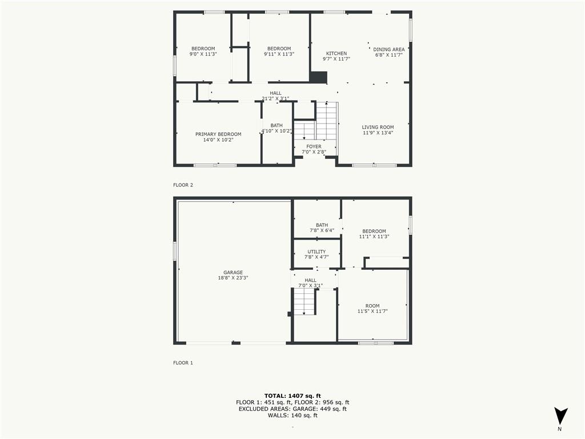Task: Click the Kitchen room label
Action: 336,54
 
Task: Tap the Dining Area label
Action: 389,50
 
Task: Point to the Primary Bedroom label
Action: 218,134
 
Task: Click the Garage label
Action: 233,273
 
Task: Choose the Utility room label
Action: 316,252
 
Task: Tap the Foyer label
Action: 314,147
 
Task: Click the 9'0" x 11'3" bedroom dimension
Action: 203,55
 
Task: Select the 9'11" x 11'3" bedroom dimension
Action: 279,55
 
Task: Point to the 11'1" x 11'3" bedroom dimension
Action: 374,237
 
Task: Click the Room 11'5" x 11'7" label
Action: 372,309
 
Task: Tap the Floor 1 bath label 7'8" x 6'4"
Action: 322,228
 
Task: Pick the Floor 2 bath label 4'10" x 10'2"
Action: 277,128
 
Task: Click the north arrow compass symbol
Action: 560,416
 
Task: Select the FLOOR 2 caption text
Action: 183,185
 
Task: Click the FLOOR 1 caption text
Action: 183,363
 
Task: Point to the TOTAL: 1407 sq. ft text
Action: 292,396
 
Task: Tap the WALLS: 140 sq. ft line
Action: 292,415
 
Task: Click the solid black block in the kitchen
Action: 318,77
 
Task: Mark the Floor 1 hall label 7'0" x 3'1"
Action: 310,283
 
